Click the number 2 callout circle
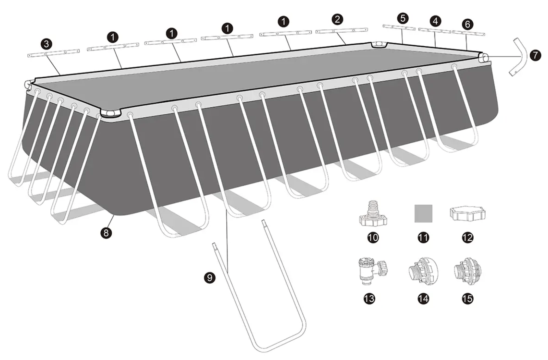click(337, 19)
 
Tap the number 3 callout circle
click(47, 44)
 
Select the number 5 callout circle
click(403, 18)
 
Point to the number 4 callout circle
click(435, 21)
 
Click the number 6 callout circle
click(467, 24)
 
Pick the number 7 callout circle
click(535, 55)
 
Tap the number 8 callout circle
click(106, 232)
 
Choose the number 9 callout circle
click(210, 277)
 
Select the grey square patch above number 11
click(424, 213)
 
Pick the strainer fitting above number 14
click(423, 271)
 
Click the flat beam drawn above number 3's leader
click(53, 53)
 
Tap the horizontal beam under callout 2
click(341, 31)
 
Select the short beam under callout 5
click(399, 27)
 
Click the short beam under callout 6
click(469, 33)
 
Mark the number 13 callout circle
click(369, 299)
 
